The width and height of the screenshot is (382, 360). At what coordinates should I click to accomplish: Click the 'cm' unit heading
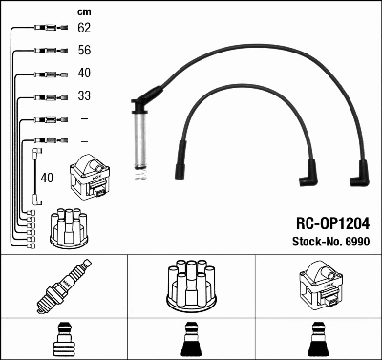(83, 11)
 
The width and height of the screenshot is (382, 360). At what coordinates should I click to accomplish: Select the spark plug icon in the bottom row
(65, 286)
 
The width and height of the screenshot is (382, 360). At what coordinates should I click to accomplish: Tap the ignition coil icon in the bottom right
(318, 286)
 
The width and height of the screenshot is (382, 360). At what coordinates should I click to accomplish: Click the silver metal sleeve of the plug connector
(141, 143)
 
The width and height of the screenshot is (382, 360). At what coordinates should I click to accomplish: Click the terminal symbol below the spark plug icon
(64, 340)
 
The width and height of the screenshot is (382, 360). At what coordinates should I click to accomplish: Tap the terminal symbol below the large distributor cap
(190, 340)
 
